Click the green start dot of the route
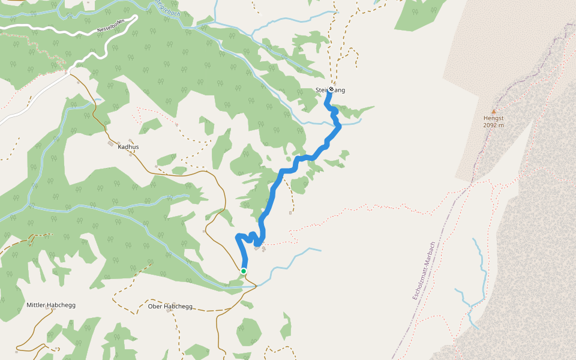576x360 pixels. [244, 271]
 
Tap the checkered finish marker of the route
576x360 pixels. [331, 89]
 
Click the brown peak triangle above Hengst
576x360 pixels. [494, 112]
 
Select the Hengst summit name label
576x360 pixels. [494, 118]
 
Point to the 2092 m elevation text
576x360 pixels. [494, 125]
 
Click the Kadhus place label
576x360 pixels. [128, 146]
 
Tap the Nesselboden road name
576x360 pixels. [112, 26]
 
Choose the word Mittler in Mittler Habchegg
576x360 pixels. [37, 305]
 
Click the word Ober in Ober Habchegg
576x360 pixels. [155, 307]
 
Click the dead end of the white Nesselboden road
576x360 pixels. [136, 17]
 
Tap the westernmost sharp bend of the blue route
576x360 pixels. [238, 235]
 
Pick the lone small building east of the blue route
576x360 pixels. [290, 212]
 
